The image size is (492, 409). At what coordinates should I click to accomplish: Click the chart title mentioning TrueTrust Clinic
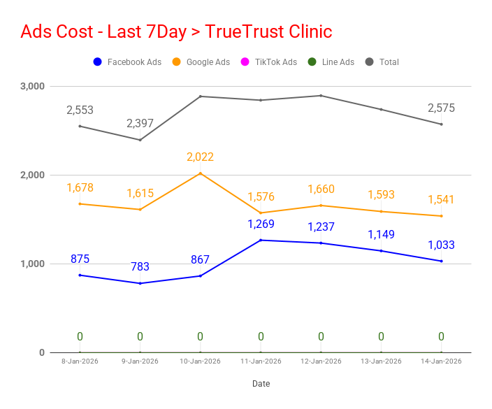pos(176,31)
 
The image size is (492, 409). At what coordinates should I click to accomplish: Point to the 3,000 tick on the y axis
pos(32,86)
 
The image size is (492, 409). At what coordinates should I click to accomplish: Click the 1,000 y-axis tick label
pos(32,264)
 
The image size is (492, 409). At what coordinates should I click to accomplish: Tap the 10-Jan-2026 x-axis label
pos(200,361)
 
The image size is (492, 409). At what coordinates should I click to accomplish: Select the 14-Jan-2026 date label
pos(441,361)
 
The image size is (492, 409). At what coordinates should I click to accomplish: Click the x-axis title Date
pos(261,384)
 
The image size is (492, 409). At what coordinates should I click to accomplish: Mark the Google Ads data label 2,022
pos(200,157)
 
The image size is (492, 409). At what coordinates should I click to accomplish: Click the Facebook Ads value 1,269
pos(261,224)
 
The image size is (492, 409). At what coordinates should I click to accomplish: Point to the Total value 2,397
pos(140,124)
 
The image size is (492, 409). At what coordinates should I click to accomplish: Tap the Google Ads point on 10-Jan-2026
pos(201,173)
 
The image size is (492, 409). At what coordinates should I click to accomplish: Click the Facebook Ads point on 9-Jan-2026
pos(140,283)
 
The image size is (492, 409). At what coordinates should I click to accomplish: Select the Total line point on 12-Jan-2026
pos(321,95)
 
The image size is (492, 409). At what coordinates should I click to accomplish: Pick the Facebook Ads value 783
pos(140,267)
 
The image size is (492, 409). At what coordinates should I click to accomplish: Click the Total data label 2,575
pos(441,108)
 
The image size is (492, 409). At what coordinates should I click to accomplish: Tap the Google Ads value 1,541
pos(441,200)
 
